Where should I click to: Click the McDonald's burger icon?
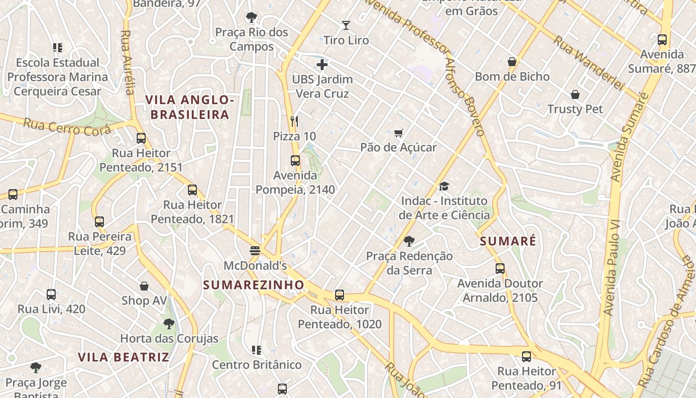[x=255, y=250]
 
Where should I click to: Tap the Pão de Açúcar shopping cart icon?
[x=398, y=133]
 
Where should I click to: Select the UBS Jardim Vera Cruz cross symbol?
[x=322, y=65]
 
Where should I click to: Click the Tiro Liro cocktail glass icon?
[x=346, y=25]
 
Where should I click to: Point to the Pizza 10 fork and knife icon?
[x=294, y=121]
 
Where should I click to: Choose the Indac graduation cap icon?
[x=444, y=187]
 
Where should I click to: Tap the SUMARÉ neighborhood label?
[x=508, y=241]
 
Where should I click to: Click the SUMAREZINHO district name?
[x=254, y=285]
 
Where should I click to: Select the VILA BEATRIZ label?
[x=124, y=357]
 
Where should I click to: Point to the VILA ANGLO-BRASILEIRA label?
[x=189, y=107]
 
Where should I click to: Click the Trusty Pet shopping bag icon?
[x=575, y=95]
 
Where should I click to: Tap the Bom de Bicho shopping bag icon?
[x=512, y=62]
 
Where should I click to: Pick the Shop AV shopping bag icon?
[x=144, y=286]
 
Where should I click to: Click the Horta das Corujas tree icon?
[x=169, y=324]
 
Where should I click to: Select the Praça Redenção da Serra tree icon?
[x=409, y=241]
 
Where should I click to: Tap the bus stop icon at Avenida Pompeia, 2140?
[x=295, y=161]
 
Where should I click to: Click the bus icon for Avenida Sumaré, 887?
[x=662, y=40]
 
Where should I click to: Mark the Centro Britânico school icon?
[x=257, y=350]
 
